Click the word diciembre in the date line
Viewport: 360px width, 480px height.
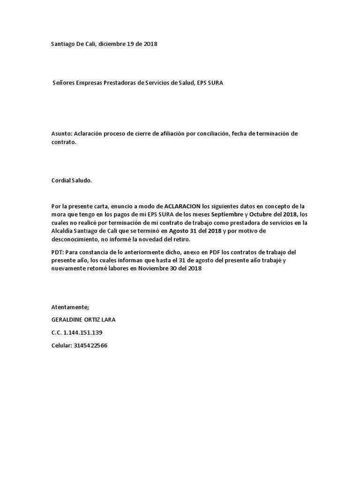[112, 44]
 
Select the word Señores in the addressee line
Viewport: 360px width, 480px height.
[64, 83]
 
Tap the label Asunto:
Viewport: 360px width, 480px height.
[61, 134]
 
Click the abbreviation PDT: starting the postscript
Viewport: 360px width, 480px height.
[58, 252]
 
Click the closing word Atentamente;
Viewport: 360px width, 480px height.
[69, 307]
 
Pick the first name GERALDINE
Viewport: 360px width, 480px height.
[68, 320]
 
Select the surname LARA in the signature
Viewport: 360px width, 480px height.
[107, 320]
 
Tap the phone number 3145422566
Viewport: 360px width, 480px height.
[94, 345]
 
